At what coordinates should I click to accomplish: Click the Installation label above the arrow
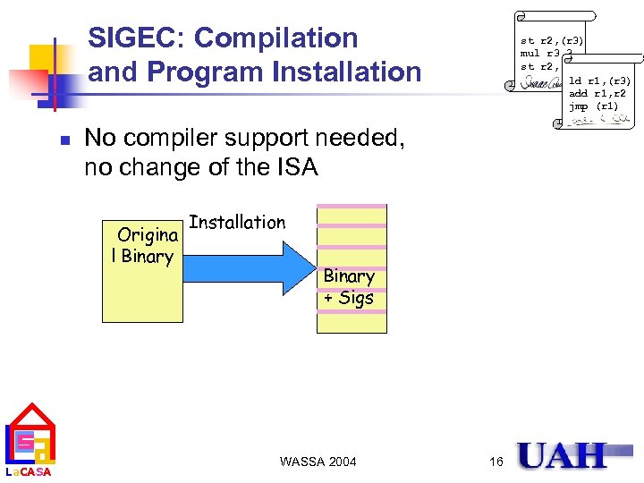[x=237, y=222]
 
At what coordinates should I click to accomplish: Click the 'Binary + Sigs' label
[x=349, y=286]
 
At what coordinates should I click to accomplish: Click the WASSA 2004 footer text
[x=318, y=462]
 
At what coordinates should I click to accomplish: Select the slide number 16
[x=496, y=462]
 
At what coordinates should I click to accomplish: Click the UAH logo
[x=562, y=455]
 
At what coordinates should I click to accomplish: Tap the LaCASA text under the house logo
[x=29, y=472]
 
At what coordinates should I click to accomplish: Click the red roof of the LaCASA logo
[x=30, y=414]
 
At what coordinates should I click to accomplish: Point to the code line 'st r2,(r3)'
[x=552, y=40]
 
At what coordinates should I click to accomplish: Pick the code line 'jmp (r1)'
[x=593, y=106]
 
